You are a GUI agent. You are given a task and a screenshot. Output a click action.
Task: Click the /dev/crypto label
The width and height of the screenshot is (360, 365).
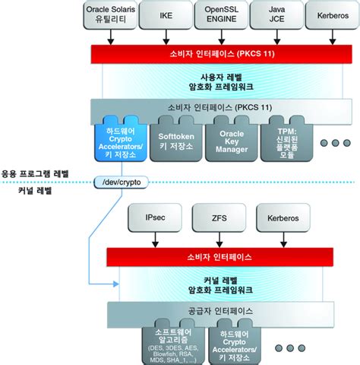pos(122,182)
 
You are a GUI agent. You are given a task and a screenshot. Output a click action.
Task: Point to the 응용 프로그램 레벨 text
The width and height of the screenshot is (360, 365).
pos(35,173)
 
